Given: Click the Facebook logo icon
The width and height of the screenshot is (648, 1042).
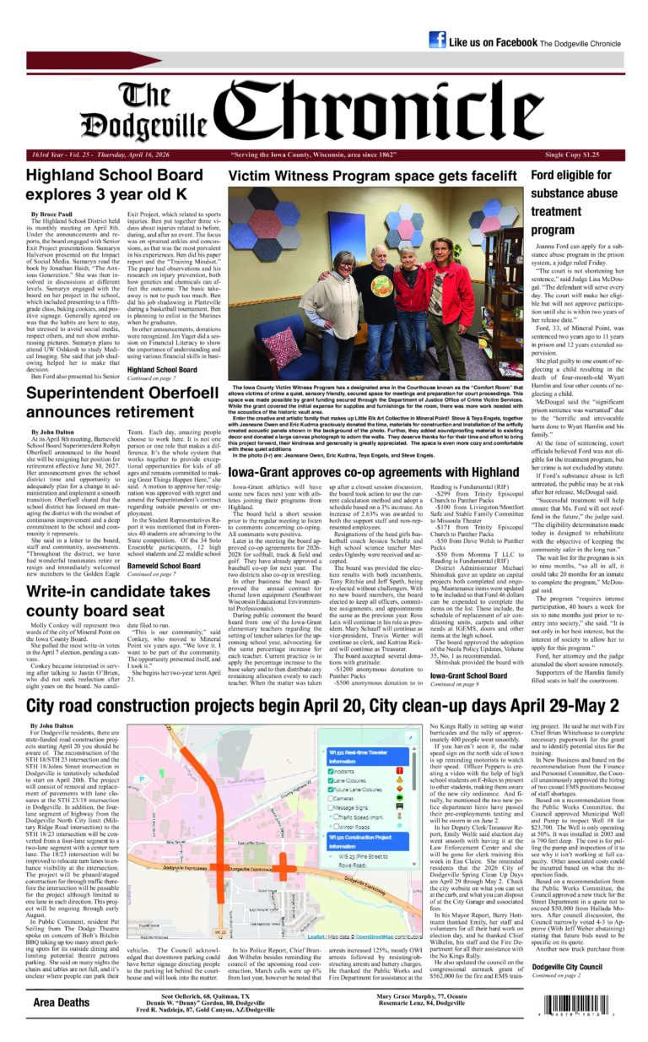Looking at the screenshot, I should click(x=437, y=40).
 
